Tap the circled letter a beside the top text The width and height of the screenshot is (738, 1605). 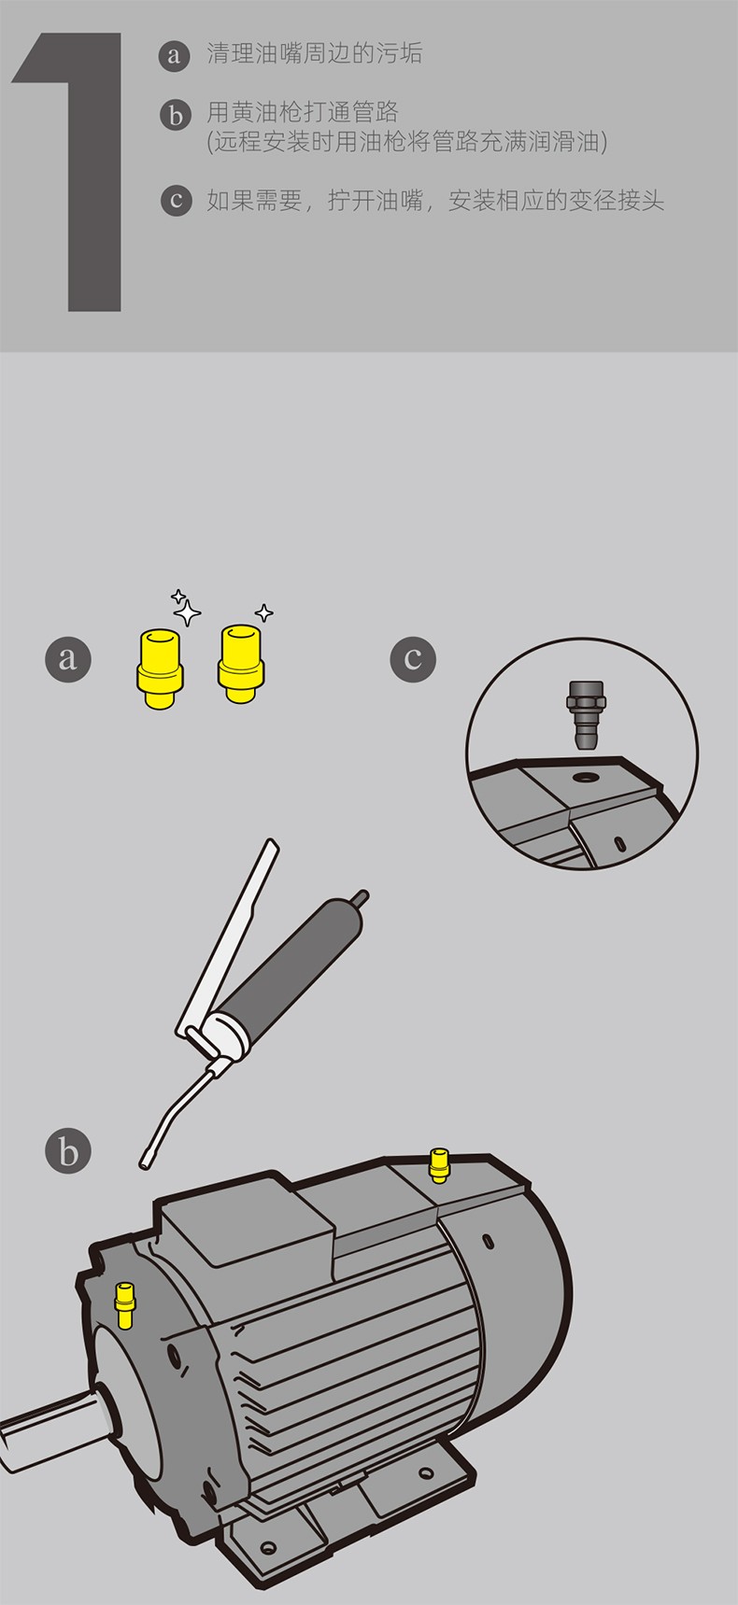(x=175, y=55)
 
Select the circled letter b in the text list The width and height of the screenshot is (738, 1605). (x=175, y=115)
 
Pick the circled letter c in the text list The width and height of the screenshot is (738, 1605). (x=175, y=201)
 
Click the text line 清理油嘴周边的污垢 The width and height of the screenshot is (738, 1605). (x=314, y=54)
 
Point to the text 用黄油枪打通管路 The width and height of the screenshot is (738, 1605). (x=303, y=113)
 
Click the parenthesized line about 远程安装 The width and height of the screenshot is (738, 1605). (x=407, y=142)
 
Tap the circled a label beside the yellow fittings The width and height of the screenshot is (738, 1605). (x=68, y=658)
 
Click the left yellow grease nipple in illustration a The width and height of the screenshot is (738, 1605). (x=161, y=668)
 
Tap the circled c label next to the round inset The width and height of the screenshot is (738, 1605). (x=413, y=658)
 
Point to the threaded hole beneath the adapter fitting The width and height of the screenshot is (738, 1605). (x=588, y=778)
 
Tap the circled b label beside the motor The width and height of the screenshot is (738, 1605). (x=68, y=1151)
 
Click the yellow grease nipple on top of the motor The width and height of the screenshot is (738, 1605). (x=438, y=1164)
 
